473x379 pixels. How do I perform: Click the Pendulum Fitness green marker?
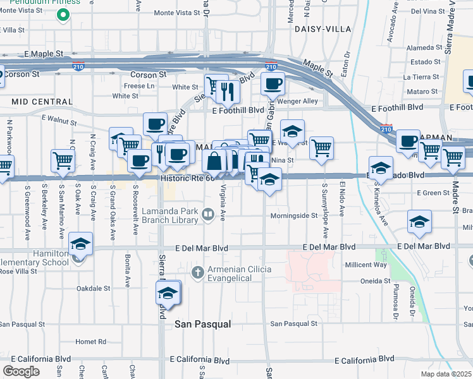[x=63, y=15]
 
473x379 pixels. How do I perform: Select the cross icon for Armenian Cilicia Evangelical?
[x=197, y=272]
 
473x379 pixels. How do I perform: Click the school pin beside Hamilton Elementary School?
[x=80, y=244]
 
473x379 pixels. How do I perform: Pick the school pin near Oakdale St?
[x=168, y=293]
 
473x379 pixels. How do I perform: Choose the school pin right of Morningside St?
[x=419, y=222]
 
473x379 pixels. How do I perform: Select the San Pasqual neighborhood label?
[x=202, y=324]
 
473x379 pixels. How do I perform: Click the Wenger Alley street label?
[x=300, y=101]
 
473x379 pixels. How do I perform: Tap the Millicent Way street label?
[x=365, y=265]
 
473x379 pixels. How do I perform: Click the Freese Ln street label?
[x=138, y=85]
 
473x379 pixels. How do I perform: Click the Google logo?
[x=21, y=371]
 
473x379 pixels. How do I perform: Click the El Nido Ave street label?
[x=342, y=200]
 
